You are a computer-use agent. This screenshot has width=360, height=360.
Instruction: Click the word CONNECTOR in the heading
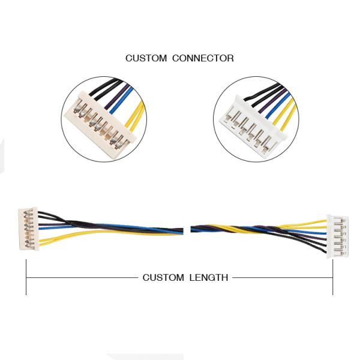click(203, 58)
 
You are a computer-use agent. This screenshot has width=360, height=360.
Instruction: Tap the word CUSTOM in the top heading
click(146, 58)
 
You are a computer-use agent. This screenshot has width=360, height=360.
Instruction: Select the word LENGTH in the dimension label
click(209, 278)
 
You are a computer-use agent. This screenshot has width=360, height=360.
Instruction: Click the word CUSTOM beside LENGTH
click(163, 278)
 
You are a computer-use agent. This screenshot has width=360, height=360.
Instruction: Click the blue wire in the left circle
click(121, 101)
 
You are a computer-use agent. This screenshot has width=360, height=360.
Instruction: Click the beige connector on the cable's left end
click(28, 229)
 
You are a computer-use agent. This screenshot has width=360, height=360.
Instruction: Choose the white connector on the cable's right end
click(337, 236)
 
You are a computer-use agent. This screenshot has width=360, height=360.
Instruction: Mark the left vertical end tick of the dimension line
click(26, 277)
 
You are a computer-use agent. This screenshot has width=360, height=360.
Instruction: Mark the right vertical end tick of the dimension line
click(332, 277)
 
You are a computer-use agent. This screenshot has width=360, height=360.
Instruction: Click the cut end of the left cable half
click(182, 231)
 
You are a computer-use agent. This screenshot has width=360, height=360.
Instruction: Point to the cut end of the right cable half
click(192, 230)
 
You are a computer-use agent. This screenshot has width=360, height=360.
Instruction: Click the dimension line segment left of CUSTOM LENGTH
click(82, 278)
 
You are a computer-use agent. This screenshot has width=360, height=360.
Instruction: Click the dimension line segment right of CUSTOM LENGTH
click(283, 278)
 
